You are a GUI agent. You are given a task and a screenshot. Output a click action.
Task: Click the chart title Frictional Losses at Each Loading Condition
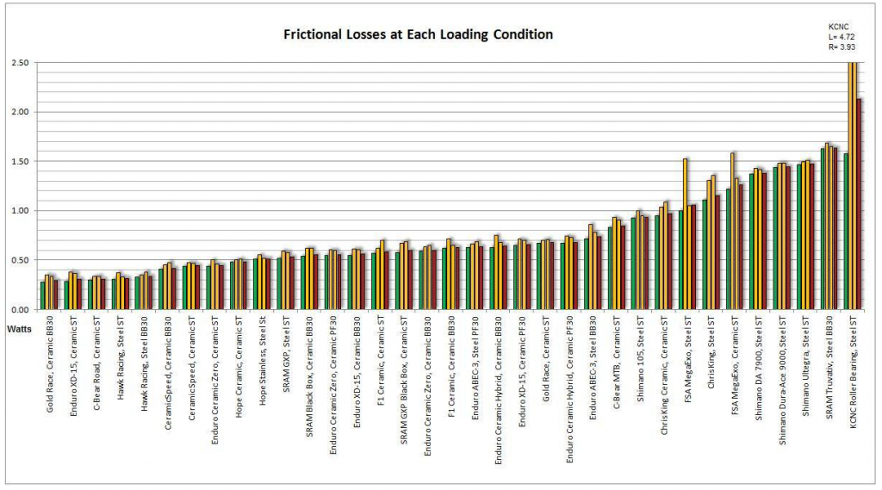[x=419, y=34]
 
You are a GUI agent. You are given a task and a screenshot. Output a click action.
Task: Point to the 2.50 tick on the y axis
[x=19, y=63]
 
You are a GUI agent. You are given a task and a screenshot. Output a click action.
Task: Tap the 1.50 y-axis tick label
[x=19, y=161]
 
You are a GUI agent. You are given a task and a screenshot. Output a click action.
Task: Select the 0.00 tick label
[x=19, y=309]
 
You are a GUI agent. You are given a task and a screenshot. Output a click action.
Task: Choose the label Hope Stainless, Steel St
[x=263, y=368]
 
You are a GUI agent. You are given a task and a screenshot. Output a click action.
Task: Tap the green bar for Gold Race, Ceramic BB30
[x=42, y=295]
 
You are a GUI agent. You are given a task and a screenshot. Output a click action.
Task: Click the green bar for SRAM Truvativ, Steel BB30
[x=823, y=228]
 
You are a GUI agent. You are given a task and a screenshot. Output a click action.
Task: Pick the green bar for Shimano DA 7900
[x=752, y=241]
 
